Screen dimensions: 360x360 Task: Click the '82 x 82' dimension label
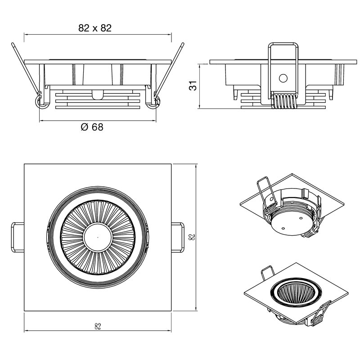[95, 28]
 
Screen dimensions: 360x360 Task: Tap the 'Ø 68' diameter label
[92, 127]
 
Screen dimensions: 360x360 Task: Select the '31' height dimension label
[193, 85]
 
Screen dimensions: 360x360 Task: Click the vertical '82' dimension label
[192, 237]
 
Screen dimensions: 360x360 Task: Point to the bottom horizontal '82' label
[98, 327]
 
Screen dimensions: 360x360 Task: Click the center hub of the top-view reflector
[98, 236]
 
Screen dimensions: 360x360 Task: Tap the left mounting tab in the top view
[17, 236]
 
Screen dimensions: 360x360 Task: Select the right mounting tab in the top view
[178, 236]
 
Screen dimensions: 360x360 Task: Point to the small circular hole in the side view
[283, 78]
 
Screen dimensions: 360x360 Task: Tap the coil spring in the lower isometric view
[317, 320]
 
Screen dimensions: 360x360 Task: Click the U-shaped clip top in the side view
[283, 45]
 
